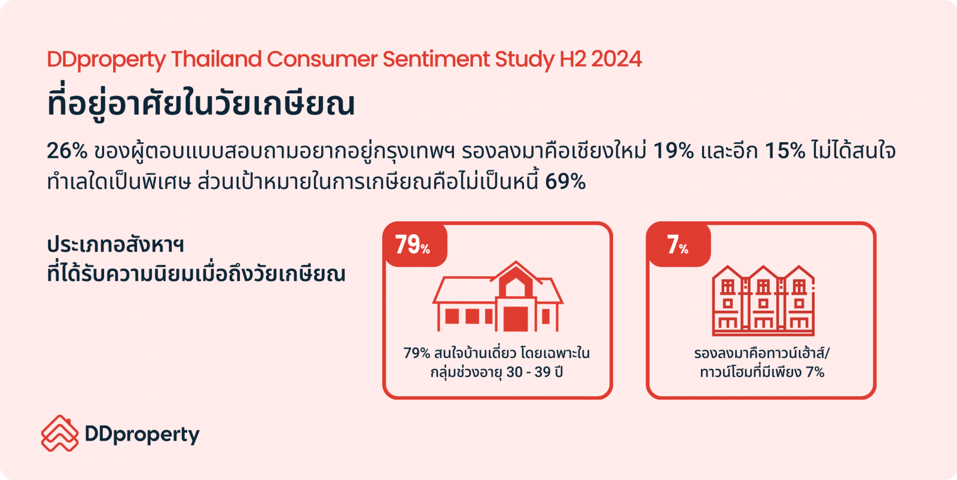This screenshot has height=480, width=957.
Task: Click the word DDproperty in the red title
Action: point(106,59)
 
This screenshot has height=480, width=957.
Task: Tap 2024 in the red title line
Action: point(617,59)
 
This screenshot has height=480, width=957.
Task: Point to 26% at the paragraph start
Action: point(67,151)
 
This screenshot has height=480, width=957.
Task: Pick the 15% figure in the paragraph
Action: point(785,151)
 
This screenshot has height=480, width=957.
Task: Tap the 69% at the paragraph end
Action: point(565,182)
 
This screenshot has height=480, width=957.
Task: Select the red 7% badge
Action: point(679,244)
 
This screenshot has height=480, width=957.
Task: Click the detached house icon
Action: point(498,296)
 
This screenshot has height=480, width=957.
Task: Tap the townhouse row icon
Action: point(763,301)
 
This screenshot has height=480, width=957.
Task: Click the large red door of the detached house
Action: point(516,319)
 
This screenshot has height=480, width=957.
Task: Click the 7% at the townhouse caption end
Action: point(815,372)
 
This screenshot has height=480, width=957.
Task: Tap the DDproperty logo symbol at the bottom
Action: point(60,433)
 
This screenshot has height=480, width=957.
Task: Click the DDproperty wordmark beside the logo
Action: point(142,435)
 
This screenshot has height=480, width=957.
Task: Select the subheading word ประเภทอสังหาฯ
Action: point(115,246)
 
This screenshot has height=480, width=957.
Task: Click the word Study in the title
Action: point(525,60)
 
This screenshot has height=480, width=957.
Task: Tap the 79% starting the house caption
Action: point(416,354)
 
